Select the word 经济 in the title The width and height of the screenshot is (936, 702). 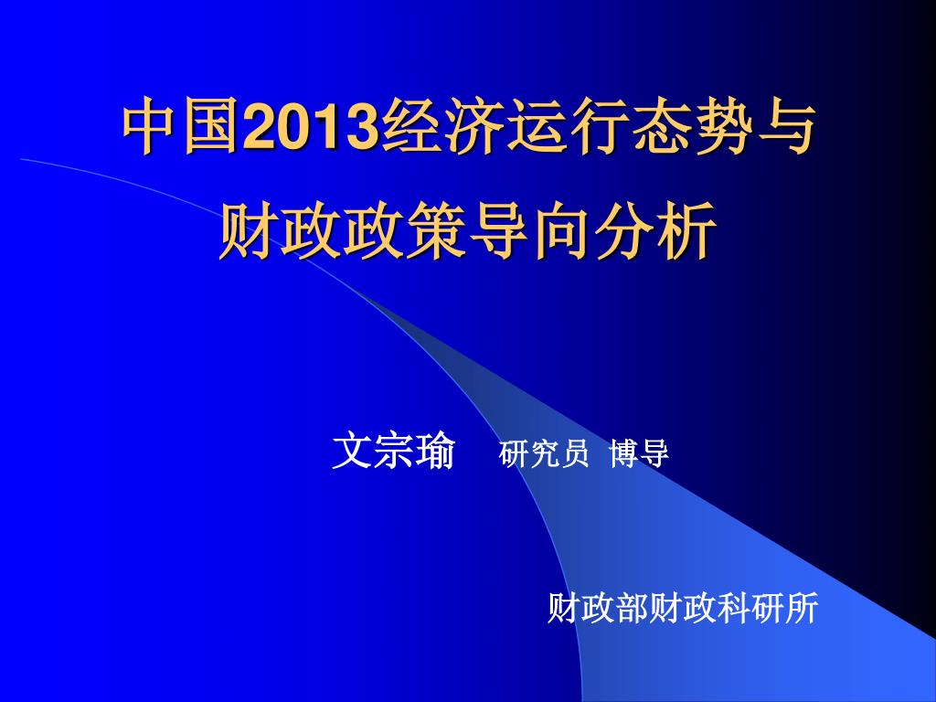[x=441, y=128]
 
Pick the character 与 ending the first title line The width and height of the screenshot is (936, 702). [x=784, y=128]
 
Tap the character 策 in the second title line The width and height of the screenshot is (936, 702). [x=436, y=230]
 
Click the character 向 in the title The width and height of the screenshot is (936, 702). [x=560, y=230]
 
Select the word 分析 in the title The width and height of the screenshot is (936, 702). [x=654, y=230]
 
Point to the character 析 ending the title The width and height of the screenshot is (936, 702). [x=686, y=230]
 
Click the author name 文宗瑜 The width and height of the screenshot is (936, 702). [x=393, y=452]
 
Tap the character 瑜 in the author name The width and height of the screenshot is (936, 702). [x=435, y=452]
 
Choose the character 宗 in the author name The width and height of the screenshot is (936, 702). [x=393, y=452]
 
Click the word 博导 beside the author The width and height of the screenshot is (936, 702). [x=639, y=453]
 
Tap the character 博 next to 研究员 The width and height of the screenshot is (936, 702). [x=624, y=453]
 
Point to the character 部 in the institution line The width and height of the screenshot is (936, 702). [x=631, y=608]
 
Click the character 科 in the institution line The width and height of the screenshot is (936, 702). [x=733, y=608]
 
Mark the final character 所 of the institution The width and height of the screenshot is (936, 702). [x=802, y=608]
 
